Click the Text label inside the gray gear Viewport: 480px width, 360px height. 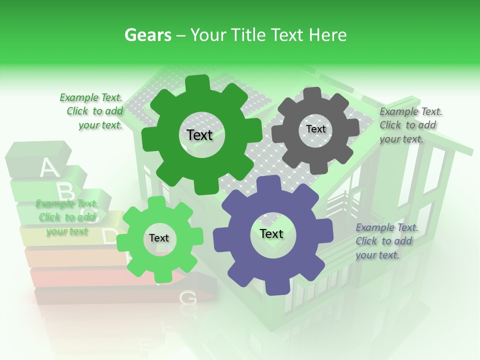316,129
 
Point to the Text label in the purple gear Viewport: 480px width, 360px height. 271,233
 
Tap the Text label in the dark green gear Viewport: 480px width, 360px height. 199,135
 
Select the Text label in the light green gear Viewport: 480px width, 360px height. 159,238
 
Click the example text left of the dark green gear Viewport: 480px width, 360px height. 93,111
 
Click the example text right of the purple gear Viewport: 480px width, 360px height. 385,241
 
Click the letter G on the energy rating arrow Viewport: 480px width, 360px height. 188,298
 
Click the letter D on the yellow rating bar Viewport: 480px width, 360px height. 109,236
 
